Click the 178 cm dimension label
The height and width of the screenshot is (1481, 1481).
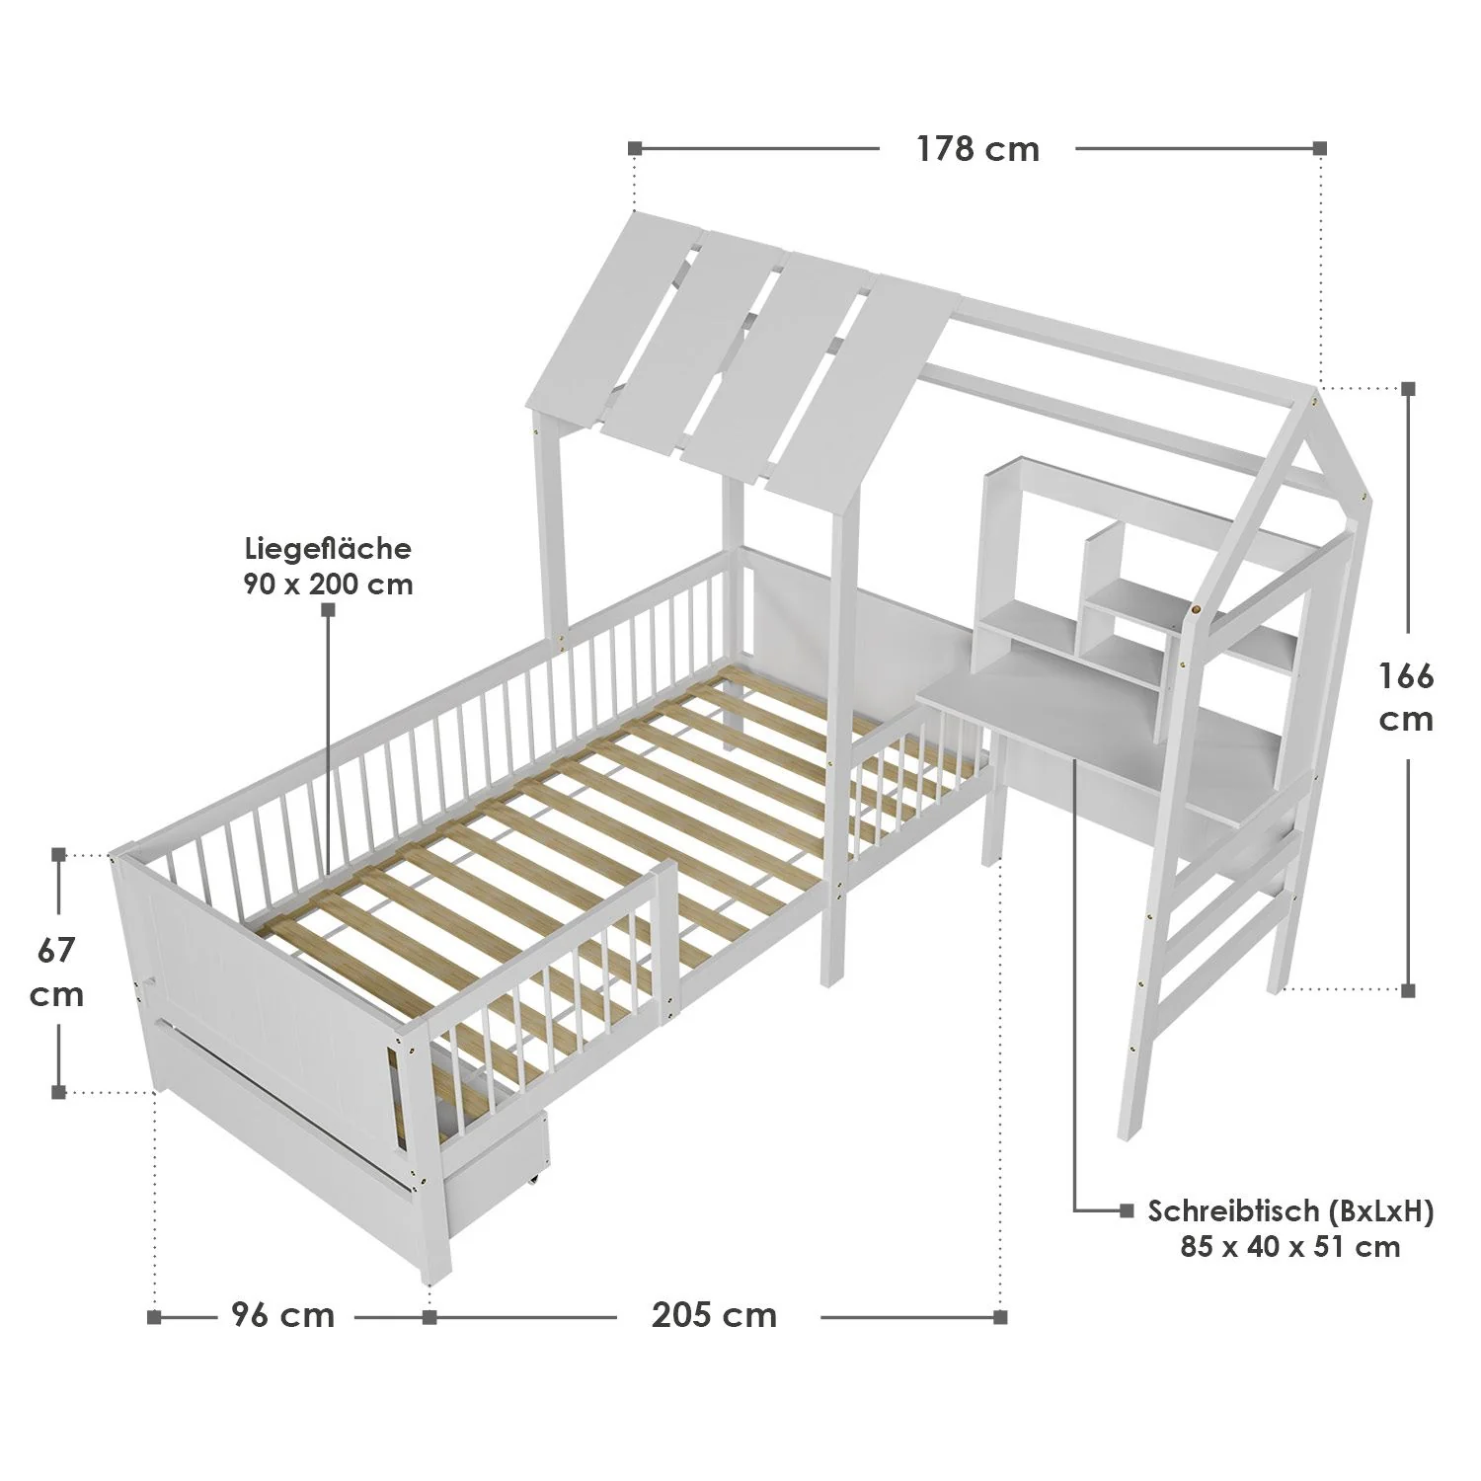coord(977,149)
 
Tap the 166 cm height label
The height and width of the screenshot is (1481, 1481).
coord(1406,697)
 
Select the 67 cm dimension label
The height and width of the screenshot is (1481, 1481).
coord(57,972)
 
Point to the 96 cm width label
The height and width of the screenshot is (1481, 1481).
coord(283,1315)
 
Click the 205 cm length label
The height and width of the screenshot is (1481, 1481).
coord(714,1315)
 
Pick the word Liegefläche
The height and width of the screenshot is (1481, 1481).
coord(329,548)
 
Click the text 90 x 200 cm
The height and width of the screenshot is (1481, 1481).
coord(329,584)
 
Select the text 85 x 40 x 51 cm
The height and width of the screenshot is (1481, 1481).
coord(1289,1246)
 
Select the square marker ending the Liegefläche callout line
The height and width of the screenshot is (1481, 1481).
coord(329,611)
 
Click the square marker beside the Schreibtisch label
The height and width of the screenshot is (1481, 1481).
coord(1127,1210)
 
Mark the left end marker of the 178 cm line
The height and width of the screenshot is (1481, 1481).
coord(635,149)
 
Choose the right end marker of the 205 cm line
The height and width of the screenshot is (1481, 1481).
coord(1000,1316)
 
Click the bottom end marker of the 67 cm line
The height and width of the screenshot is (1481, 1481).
coord(58,1091)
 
